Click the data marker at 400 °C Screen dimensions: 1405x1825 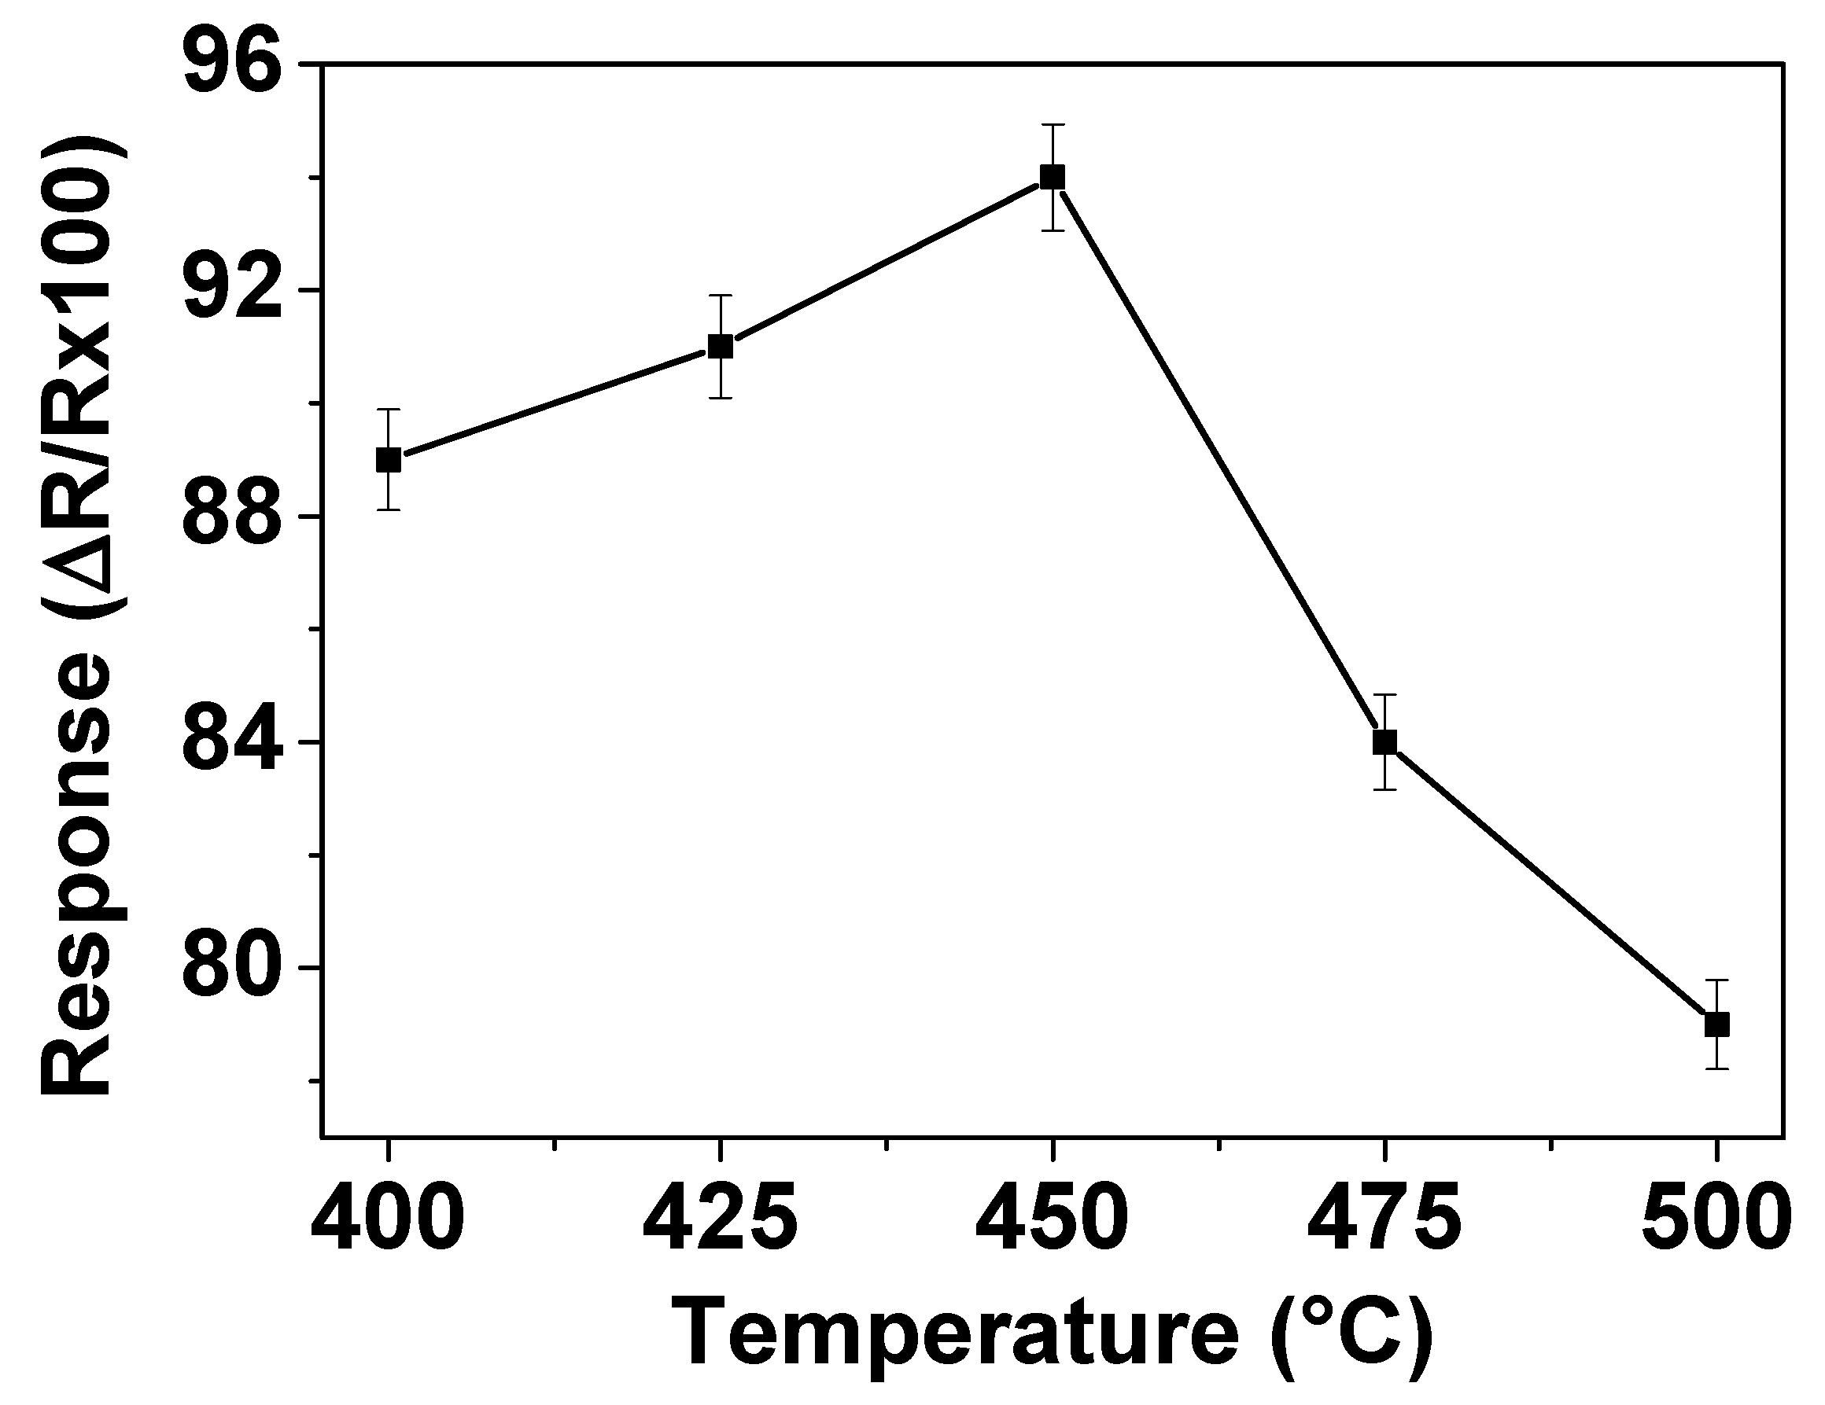click(x=389, y=460)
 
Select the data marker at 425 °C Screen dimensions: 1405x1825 click(x=721, y=346)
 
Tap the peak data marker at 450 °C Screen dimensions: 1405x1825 click(x=1052, y=177)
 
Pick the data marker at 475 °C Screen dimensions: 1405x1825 click(x=1384, y=741)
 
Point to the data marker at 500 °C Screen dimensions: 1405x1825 click(x=1716, y=1024)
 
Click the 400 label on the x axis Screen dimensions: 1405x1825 click(x=388, y=1218)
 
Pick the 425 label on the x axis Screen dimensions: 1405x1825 click(x=720, y=1218)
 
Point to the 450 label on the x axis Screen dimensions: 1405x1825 click(x=1052, y=1218)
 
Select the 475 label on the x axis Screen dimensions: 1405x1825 click(x=1384, y=1218)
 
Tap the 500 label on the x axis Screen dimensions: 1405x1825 click(x=1716, y=1218)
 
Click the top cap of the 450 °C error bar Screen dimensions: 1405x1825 click(x=1052, y=124)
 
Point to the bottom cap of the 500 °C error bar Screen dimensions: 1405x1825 click(x=1716, y=1068)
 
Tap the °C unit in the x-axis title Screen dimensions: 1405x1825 click(x=1351, y=1333)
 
